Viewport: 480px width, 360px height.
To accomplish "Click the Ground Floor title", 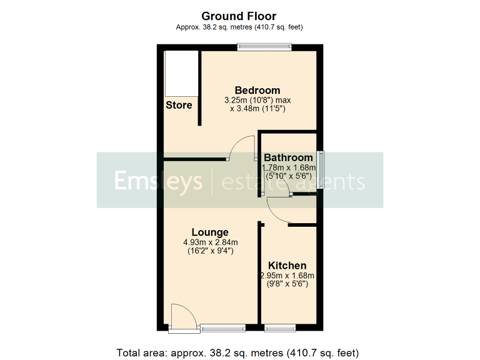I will [x=239, y=16].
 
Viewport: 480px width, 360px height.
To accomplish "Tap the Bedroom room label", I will [x=257, y=90].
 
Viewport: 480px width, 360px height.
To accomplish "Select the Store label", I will [x=179, y=105].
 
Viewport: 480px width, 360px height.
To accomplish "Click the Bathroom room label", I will [x=288, y=157].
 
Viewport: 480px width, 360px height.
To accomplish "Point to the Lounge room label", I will [x=210, y=232].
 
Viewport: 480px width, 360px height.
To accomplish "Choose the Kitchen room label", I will [x=287, y=266].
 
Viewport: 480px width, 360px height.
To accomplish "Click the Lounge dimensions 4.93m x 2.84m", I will [x=210, y=242].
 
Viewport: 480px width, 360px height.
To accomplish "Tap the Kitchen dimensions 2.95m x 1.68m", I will [x=287, y=276].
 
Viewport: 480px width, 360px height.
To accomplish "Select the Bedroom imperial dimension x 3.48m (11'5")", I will [x=257, y=109].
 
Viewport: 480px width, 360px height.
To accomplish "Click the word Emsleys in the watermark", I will [x=158, y=181].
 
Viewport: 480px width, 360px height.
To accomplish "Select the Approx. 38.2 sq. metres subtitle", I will [x=239, y=27].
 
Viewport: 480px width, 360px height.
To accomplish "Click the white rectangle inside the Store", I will [x=181, y=73].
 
